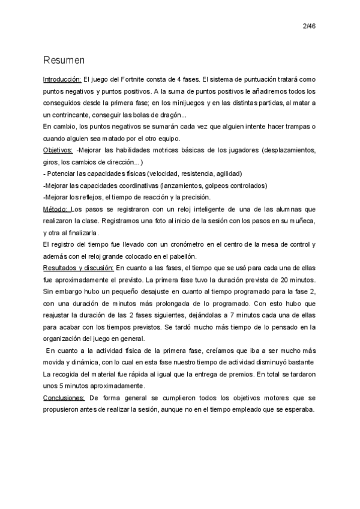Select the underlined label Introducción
coord(62,79)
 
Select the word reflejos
coord(92,197)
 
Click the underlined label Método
coord(56,209)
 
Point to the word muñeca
coord(296,221)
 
